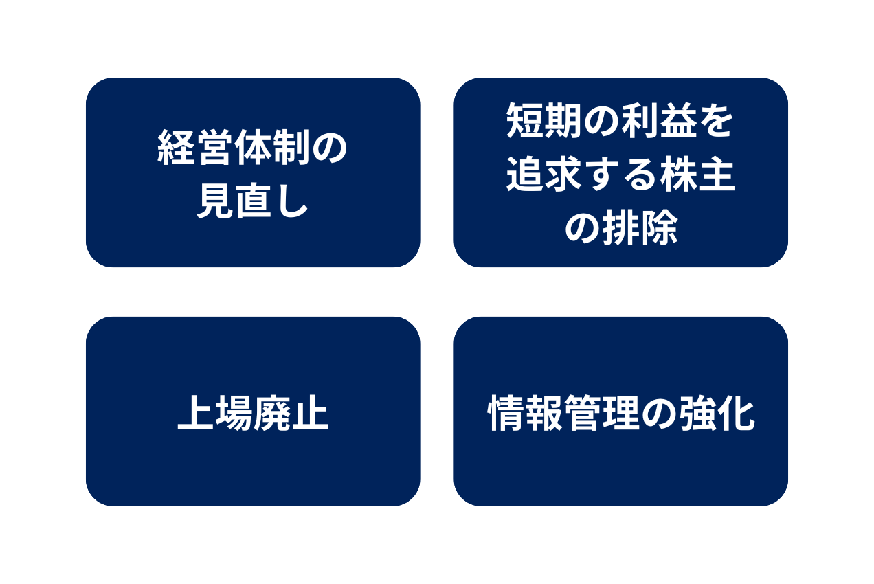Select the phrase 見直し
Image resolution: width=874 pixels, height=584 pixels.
tap(252, 202)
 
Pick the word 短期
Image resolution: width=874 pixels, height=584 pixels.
tap(544, 122)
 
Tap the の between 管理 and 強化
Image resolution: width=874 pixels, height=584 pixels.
tap(659, 414)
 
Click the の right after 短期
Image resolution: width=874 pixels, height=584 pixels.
tap(602, 122)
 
